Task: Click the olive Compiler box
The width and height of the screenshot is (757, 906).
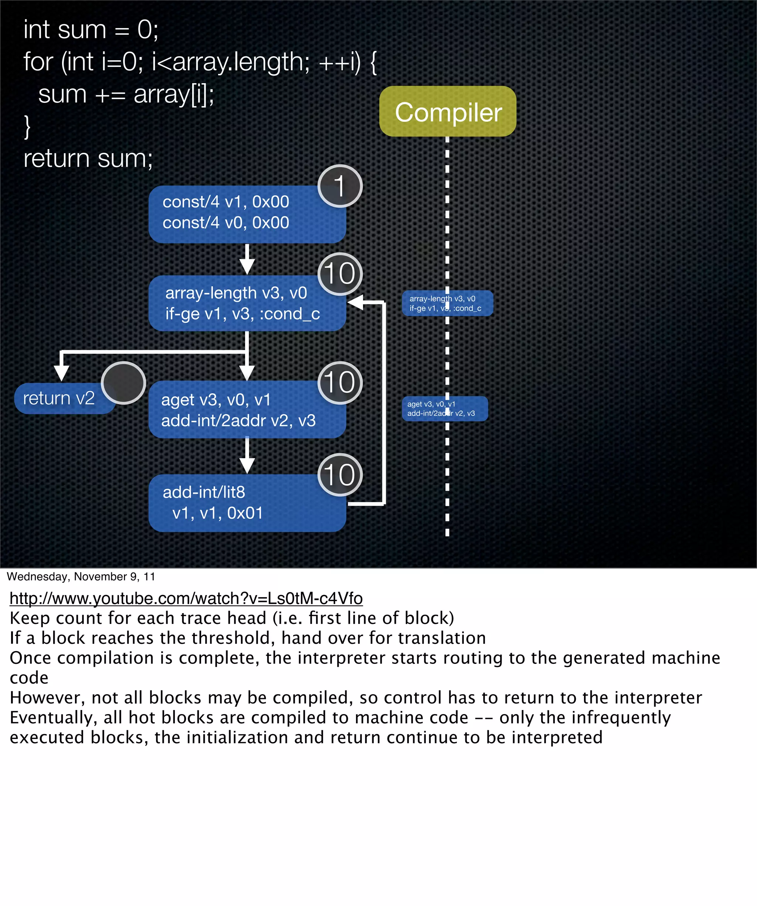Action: point(447,111)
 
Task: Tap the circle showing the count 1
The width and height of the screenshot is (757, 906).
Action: point(340,186)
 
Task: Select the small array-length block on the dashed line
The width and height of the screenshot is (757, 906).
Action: point(447,303)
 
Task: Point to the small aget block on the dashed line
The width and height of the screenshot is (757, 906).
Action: point(444,409)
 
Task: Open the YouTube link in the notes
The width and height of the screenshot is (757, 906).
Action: point(186,598)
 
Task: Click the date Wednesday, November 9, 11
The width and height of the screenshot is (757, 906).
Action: point(81,577)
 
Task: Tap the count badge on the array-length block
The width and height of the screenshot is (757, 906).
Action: point(340,274)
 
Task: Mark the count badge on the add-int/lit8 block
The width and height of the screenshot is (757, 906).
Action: point(340,475)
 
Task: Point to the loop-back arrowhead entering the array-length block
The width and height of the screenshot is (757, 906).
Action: point(356,302)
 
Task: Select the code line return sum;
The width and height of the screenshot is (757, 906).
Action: point(88,158)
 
